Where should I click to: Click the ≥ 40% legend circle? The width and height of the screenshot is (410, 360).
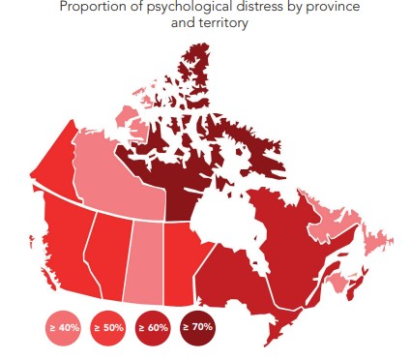pos(62,327)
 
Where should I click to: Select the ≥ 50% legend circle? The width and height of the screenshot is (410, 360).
pos(107,327)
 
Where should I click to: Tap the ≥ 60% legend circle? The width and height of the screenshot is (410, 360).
pos(153,327)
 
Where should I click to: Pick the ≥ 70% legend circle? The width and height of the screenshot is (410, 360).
pos(197,327)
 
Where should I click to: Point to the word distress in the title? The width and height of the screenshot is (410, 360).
pos(240,9)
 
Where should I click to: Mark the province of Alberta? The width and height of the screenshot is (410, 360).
pos(111,252)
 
